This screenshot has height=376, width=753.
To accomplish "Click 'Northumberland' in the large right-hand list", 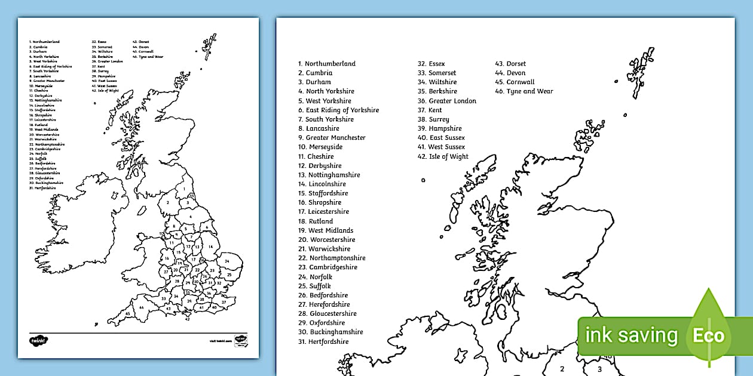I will pyautogui.click(x=330, y=64).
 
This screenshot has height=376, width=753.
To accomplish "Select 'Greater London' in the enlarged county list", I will pyautogui.click(x=452, y=101).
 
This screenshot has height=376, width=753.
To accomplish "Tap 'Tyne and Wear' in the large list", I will pyautogui.click(x=529, y=91).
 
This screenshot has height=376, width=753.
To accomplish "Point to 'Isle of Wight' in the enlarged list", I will pyautogui.click(x=449, y=156).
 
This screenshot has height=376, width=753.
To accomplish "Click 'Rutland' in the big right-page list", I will pyautogui.click(x=321, y=221).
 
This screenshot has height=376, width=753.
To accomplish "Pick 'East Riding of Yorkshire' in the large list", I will pyautogui.click(x=342, y=110).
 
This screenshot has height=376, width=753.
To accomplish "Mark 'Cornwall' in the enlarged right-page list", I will pyautogui.click(x=521, y=82).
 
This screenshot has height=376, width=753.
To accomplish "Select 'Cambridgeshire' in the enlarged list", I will pyautogui.click(x=333, y=267).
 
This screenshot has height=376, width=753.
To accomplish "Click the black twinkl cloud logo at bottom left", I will pyautogui.click(x=39, y=340).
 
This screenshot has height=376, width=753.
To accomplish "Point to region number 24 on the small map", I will pyautogui.click(x=227, y=261).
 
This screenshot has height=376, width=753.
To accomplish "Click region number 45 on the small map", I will pyautogui.click(x=128, y=313).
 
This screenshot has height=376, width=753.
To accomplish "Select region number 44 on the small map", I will pyautogui.click(x=142, y=307).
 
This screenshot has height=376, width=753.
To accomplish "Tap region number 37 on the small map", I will pyautogui.click(x=224, y=302).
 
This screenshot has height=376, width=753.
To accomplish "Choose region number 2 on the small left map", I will pyautogui.click(x=169, y=202).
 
